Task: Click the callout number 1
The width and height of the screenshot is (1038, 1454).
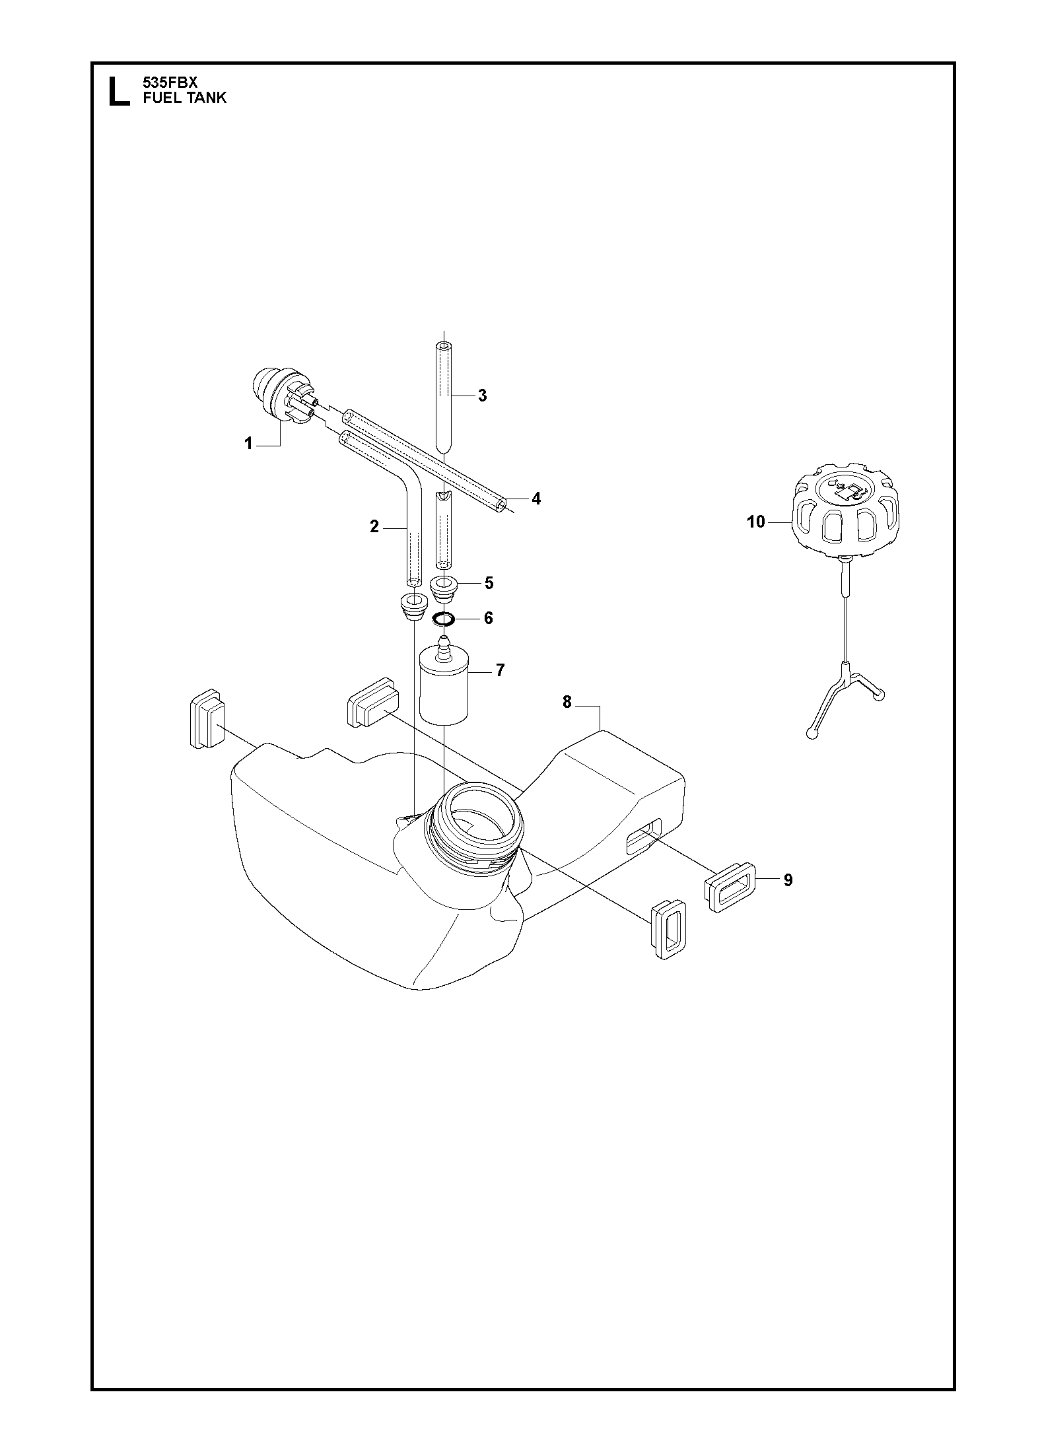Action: [248, 444]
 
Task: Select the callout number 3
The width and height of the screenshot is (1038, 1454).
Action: [483, 396]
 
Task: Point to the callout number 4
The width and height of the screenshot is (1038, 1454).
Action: [536, 499]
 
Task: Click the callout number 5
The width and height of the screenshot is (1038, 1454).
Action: [489, 583]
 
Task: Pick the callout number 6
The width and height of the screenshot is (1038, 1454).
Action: [489, 618]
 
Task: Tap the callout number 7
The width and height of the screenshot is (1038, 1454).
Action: [500, 671]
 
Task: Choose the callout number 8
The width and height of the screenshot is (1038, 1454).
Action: [567, 703]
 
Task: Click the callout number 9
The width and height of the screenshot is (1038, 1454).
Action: [788, 880]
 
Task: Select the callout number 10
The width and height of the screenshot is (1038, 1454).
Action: [756, 522]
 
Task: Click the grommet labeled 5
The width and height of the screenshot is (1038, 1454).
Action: [443, 588]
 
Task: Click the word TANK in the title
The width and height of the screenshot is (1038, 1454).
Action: [205, 98]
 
